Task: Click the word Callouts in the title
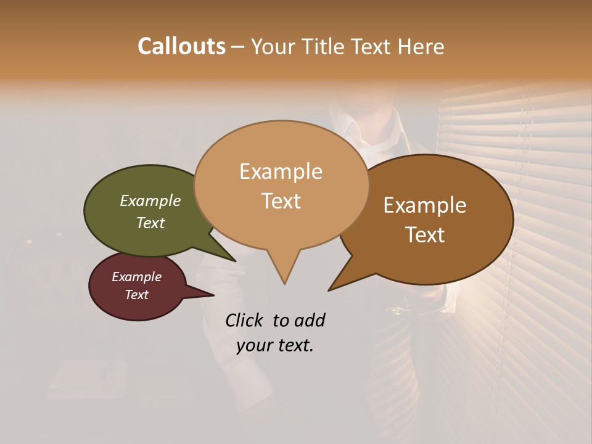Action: pyautogui.click(x=181, y=46)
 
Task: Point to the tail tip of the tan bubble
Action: pyautogui.click(x=284, y=283)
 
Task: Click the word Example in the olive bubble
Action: pyautogui.click(x=150, y=200)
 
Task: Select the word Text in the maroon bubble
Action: pyautogui.click(x=137, y=295)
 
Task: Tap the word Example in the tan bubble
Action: pyautogui.click(x=281, y=171)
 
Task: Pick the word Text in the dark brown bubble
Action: pyautogui.click(x=425, y=235)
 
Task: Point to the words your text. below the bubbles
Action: pyautogui.click(x=275, y=345)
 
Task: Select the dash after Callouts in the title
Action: pyautogui.click(x=239, y=46)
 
